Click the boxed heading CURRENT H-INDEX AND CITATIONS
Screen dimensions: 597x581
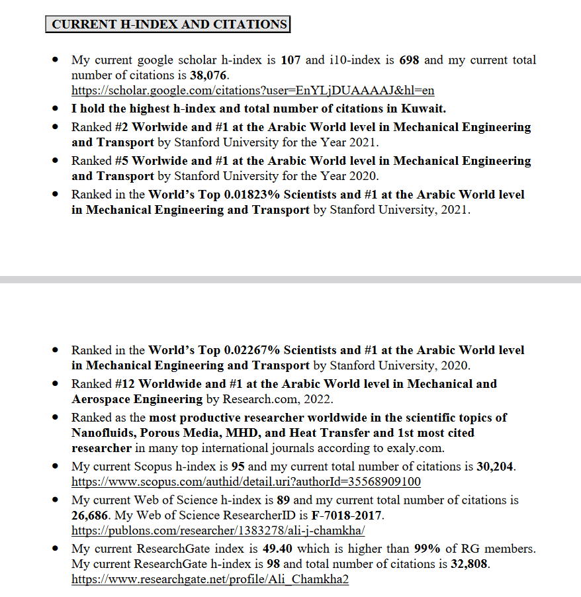point(169,24)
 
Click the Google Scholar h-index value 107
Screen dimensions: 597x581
point(290,60)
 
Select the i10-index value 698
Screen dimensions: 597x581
point(409,60)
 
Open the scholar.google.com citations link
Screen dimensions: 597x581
point(252,91)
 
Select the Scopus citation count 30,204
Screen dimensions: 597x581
point(495,467)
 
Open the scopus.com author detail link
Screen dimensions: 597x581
point(246,482)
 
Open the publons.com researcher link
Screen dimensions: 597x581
point(218,531)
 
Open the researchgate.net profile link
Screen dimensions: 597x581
point(210,580)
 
